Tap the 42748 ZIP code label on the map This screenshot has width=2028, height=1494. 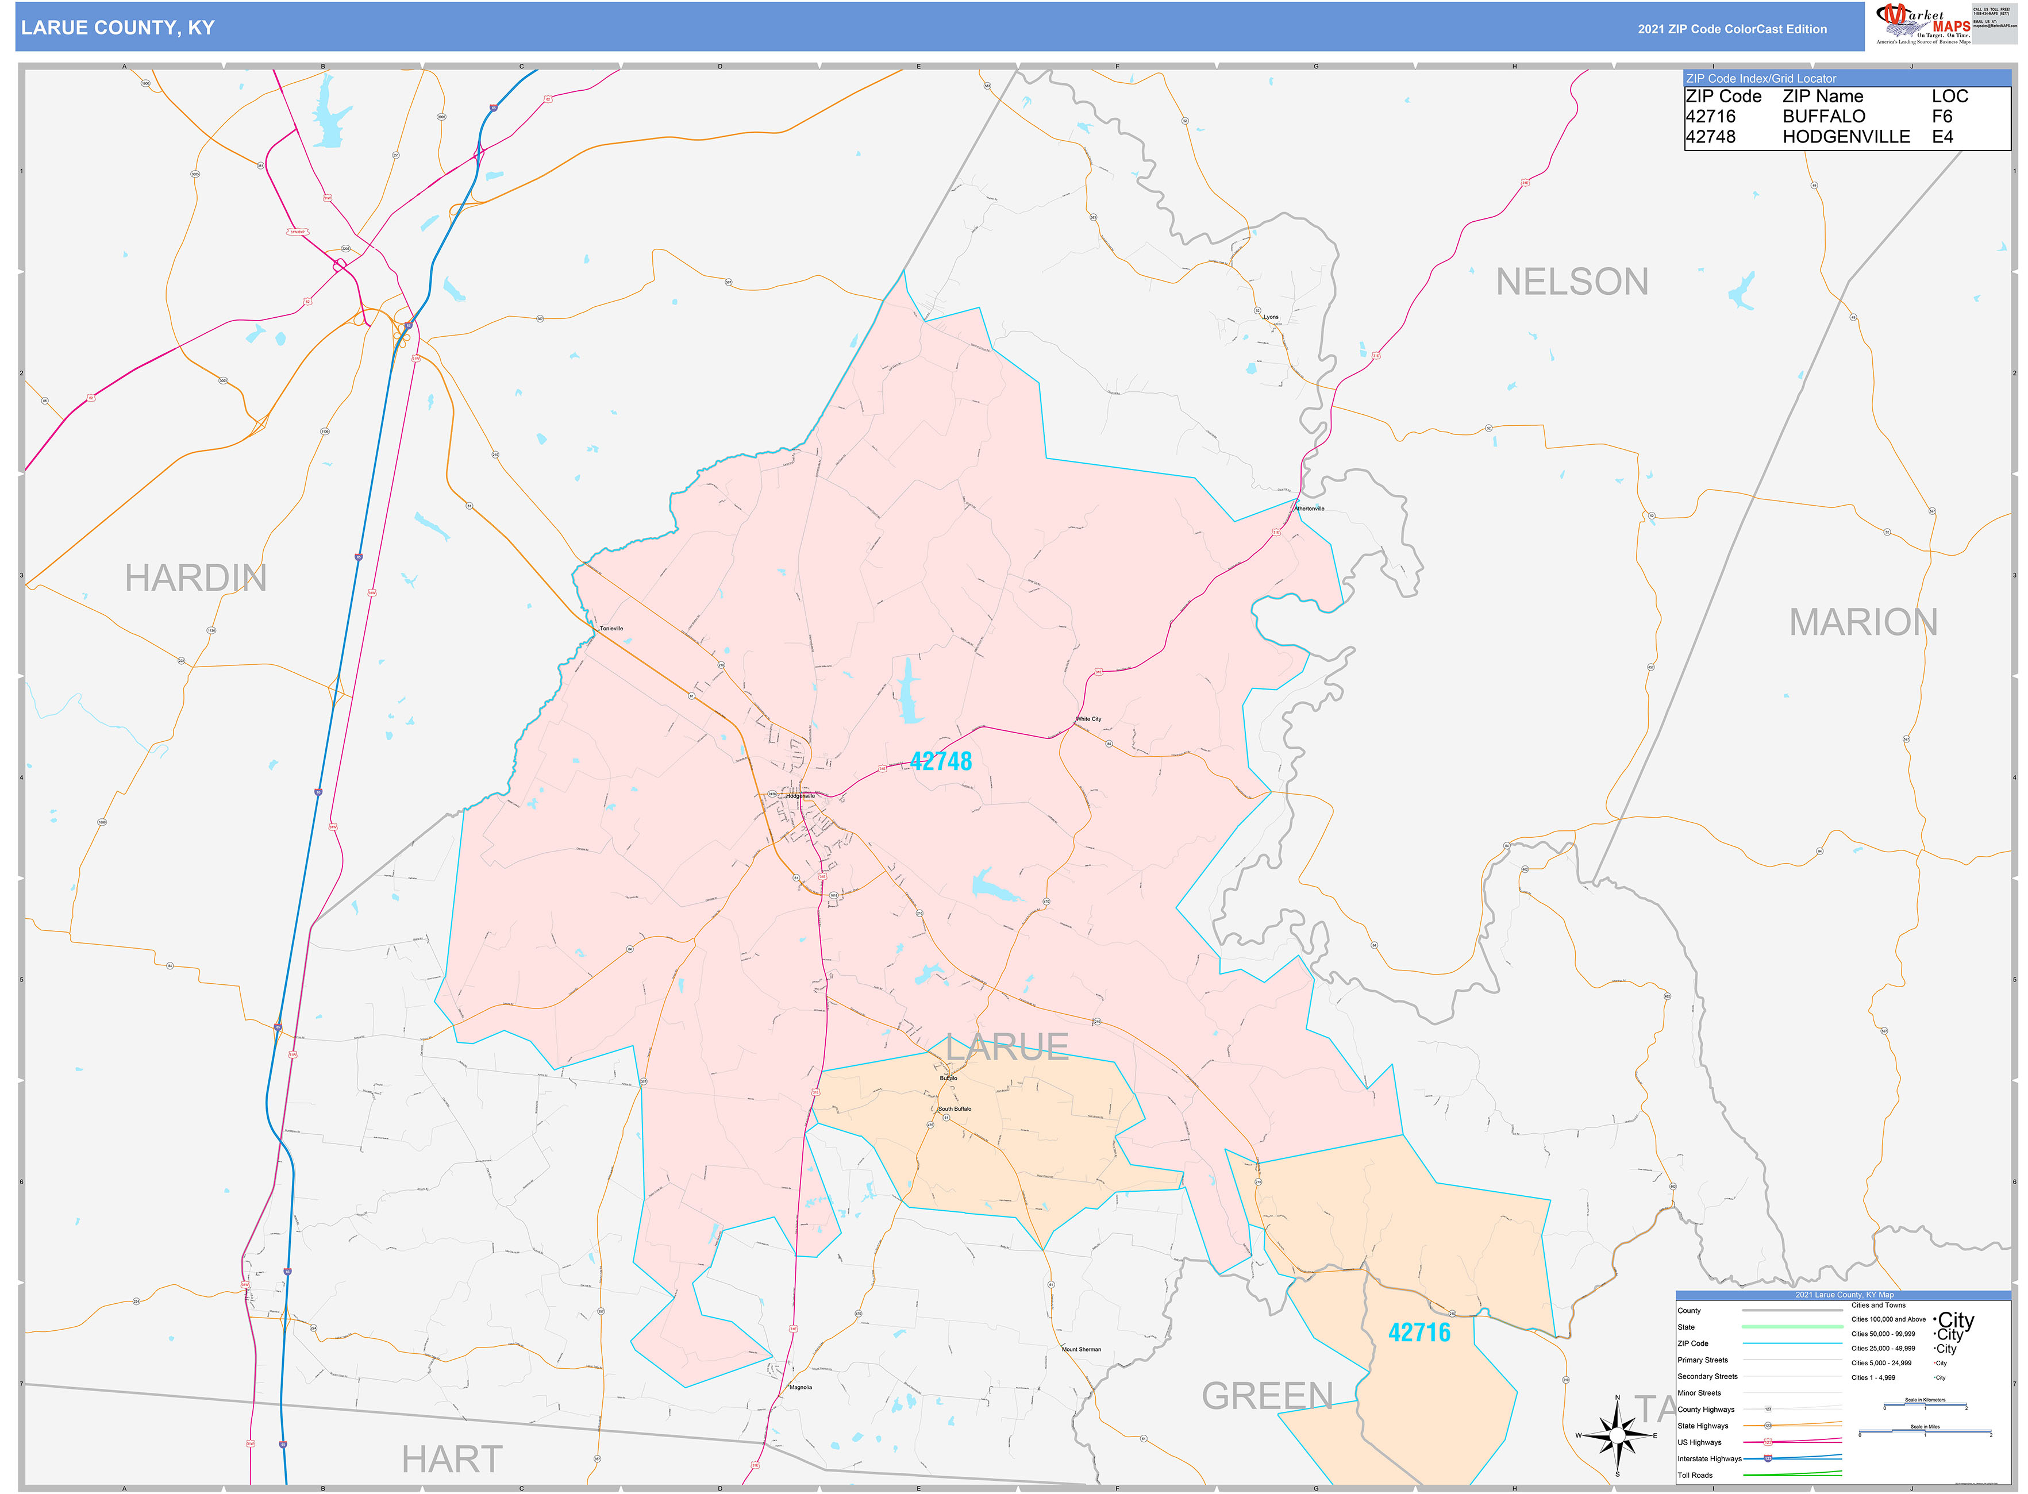click(x=941, y=761)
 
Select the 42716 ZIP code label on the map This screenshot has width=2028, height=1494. click(x=1418, y=1332)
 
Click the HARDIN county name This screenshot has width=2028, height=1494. click(x=195, y=578)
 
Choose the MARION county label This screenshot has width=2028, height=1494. click(x=1862, y=622)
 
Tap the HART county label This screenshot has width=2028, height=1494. click(x=451, y=1459)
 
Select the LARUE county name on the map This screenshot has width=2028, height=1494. click(x=1007, y=1048)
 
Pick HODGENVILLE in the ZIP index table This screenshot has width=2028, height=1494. click(x=1845, y=137)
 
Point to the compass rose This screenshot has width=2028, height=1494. click(x=1617, y=1435)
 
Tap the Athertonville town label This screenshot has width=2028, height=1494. click(x=1309, y=509)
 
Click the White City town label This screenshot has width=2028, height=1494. click(x=1088, y=719)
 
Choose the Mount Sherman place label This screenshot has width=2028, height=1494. click(x=1081, y=1349)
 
